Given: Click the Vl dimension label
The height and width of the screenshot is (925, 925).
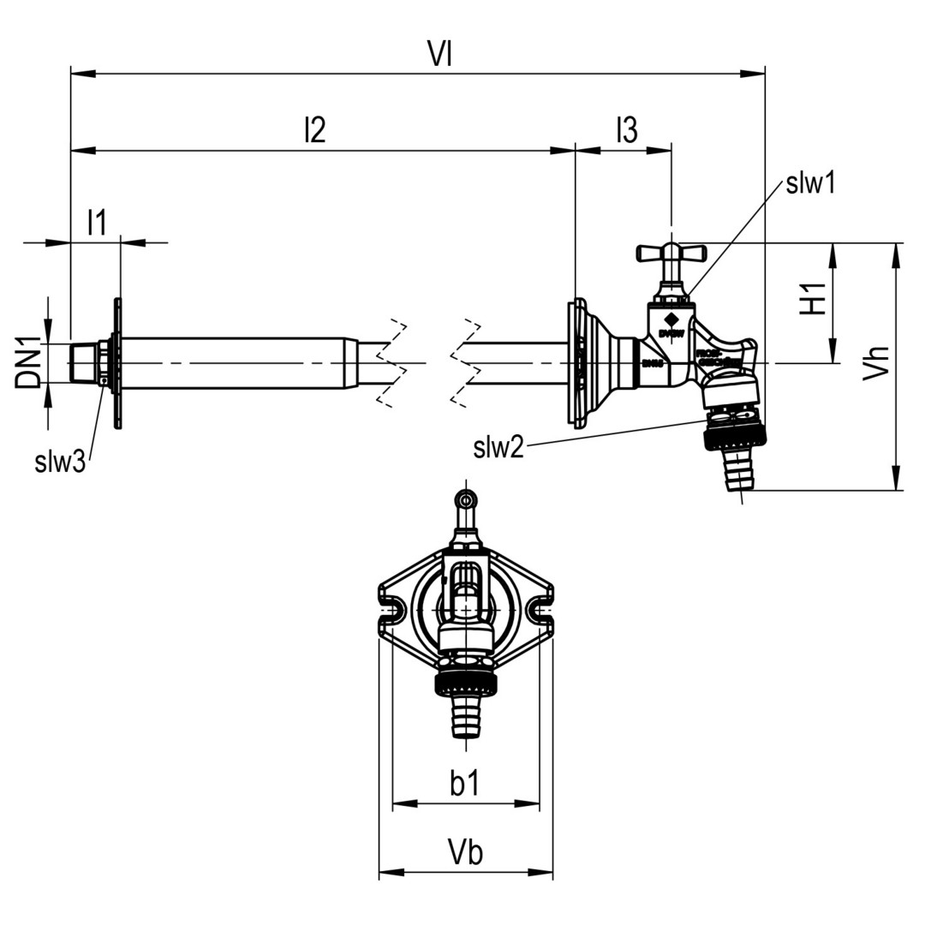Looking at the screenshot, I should [440, 55].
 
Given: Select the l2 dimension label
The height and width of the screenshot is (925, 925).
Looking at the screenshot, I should [314, 130].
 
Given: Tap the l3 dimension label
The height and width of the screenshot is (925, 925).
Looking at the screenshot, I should [626, 130].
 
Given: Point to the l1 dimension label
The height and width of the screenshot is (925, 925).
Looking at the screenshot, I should [97, 223].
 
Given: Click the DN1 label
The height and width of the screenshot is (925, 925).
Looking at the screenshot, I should [31, 363].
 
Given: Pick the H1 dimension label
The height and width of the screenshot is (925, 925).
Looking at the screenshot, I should [813, 298].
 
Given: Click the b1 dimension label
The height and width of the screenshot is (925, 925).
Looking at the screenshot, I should [465, 783].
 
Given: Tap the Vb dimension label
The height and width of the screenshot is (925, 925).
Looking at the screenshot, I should [465, 852].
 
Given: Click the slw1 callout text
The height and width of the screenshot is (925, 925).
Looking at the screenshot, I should [809, 182].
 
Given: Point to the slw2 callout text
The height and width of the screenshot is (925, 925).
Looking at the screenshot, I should [498, 447].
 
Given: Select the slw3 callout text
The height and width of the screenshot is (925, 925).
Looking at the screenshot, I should [60, 462].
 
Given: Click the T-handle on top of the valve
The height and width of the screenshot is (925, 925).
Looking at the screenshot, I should [671, 253].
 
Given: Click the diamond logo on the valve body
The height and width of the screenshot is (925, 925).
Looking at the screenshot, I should [670, 319].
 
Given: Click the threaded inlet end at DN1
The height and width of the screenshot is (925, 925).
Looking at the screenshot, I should [84, 363].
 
